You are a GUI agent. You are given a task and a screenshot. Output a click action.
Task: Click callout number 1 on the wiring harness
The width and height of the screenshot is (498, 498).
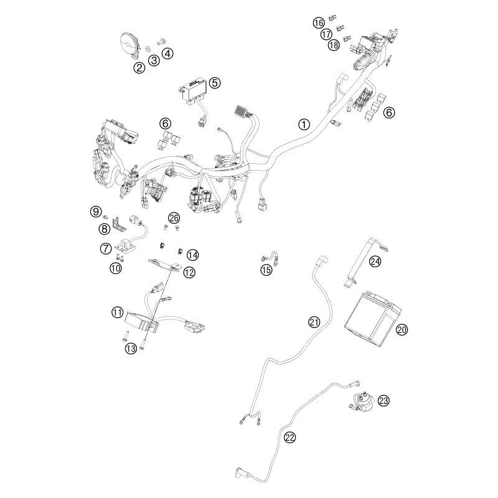pyautogui.click(x=304, y=124)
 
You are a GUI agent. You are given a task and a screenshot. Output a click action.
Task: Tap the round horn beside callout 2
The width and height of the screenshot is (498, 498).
pyautogui.click(x=129, y=45)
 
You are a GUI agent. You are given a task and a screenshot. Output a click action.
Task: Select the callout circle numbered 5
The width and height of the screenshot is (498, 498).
pyautogui.click(x=215, y=83)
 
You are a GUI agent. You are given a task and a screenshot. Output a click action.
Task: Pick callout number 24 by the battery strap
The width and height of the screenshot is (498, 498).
pyautogui.click(x=375, y=261)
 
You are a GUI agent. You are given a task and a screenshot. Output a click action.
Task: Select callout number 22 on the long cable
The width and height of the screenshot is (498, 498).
pyautogui.click(x=289, y=438)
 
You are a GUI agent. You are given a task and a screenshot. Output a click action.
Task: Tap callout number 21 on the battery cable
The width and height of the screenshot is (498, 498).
pyautogui.click(x=314, y=322)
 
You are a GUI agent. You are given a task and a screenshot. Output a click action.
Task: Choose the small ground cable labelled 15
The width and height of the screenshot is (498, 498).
pyautogui.click(x=270, y=258)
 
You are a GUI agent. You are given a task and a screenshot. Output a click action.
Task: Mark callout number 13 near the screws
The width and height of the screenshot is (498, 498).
pyautogui.click(x=131, y=349)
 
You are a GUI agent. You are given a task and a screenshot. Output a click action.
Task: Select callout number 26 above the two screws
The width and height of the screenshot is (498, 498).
pyautogui.click(x=174, y=218)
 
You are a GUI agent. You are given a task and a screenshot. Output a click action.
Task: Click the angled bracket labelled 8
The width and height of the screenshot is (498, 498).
pyautogui.click(x=120, y=223)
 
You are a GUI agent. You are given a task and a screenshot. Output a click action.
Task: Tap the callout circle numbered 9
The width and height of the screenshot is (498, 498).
pyautogui.click(x=96, y=211)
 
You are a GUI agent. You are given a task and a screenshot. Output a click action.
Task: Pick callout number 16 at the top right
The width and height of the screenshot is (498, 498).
pyautogui.click(x=319, y=23)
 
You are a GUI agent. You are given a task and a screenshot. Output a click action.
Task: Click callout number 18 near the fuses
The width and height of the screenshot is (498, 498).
pyautogui.click(x=334, y=45)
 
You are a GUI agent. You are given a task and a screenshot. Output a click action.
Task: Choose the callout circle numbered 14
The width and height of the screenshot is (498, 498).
pyautogui.click(x=193, y=255)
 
